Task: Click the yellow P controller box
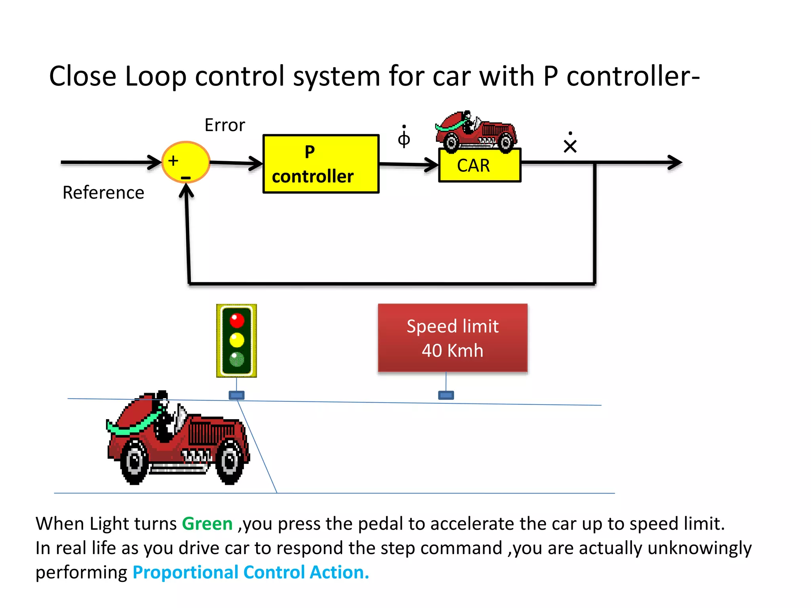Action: click(321, 164)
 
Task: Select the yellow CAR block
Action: click(480, 165)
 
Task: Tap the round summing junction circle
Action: click(186, 162)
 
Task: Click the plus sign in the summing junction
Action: click(173, 161)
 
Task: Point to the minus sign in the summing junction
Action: click(186, 178)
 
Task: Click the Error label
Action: click(225, 125)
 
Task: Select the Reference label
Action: click(103, 193)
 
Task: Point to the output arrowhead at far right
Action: click(675, 162)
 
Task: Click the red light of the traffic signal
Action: click(237, 320)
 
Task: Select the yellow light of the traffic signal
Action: click(237, 340)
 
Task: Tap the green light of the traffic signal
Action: click(237, 359)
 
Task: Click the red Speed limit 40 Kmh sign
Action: click(453, 338)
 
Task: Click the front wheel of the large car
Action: click(230, 461)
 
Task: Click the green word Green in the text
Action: click(207, 524)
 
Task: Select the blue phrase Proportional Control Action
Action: click(251, 572)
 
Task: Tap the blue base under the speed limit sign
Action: click(446, 395)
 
